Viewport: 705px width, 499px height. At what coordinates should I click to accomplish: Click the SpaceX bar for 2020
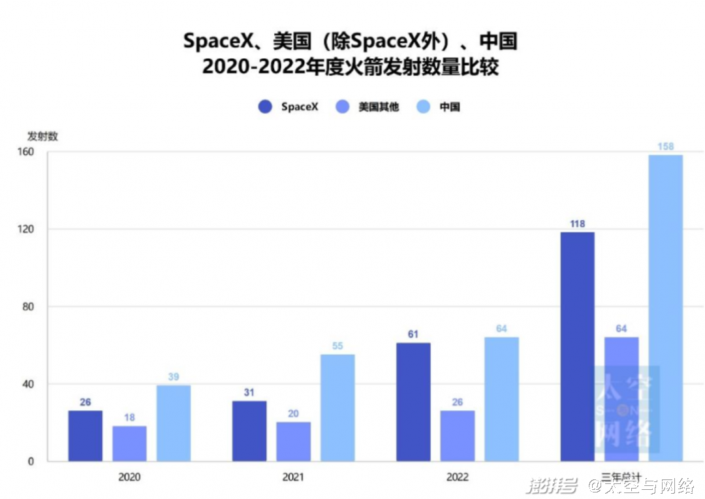(x=86, y=436)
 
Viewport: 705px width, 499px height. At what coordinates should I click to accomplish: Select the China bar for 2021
(x=337, y=408)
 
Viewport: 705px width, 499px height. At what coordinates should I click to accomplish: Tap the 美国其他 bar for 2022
(x=458, y=436)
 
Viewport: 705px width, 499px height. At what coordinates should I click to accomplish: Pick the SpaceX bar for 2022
(x=413, y=402)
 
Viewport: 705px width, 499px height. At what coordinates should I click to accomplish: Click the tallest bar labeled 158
(x=665, y=308)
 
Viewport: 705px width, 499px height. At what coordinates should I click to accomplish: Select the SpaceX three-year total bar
(x=577, y=346)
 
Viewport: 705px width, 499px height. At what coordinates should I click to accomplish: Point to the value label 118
(x=577, y=224)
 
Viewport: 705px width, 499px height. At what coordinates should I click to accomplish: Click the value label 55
(x=337, y=346)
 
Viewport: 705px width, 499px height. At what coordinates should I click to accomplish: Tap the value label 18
(x=129, y=417)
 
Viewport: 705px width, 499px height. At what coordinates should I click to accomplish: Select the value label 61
(x=413, y=334)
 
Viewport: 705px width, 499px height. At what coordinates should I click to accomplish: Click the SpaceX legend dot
(x=265, y=106)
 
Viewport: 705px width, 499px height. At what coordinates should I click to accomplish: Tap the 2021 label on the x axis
(x=293, y=477)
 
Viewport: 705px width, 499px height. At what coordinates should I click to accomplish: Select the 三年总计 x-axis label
(x=621, y=477)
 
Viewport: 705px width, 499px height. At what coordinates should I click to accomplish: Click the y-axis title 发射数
(x=42, y=137)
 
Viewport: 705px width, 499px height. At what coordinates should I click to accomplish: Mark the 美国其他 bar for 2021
(x=293, y=442)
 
